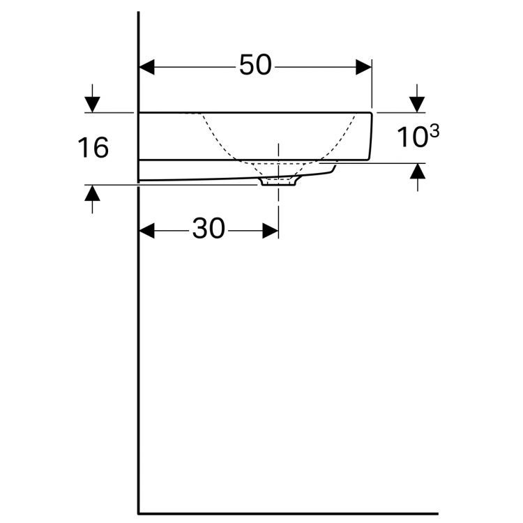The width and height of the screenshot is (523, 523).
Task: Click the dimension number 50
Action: pyautogui.click(x=255, y=65)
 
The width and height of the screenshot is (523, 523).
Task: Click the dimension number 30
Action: pyautogui.click(x=209, y=229)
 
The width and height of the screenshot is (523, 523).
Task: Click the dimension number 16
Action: pyautogui.click(x=93, y=148)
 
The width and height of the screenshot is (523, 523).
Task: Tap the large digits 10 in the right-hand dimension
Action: pyautogui.click(x=412, y=137)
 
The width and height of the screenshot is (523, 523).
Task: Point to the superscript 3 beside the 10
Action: pyautogui.click(x=434, y=131)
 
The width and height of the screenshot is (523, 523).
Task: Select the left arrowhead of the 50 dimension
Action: pyautogui.click(x=146, y=67)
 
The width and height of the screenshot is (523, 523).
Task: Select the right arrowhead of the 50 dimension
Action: pyautogui.click(x=363, y=67)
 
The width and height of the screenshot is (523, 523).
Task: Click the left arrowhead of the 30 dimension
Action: pyautogui.click(x=146, y=231)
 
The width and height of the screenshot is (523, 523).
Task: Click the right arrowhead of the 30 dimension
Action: pyautogui.click(x=270, y=231)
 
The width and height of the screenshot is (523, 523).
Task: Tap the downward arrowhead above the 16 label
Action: pyautogui.click(x=92, y=104)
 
